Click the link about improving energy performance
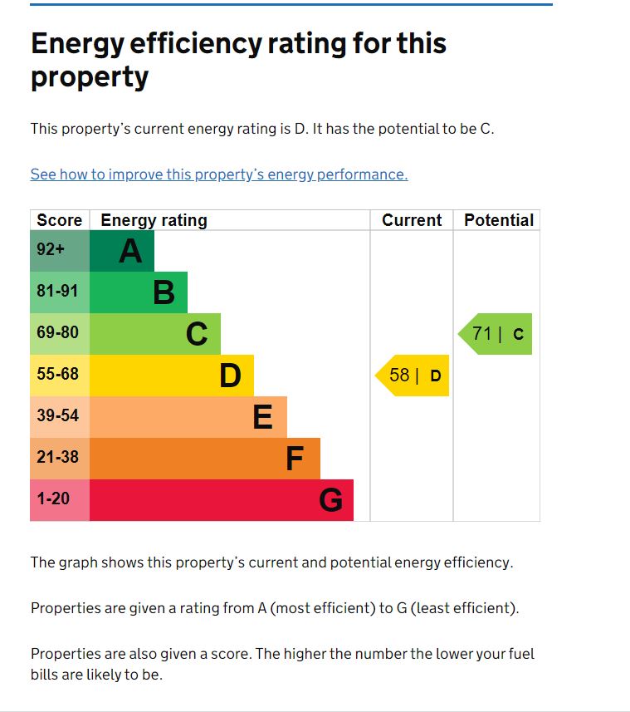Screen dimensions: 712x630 (x=219, y=174)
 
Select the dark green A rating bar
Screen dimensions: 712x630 (x=121, y=251)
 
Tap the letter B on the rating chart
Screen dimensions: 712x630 (x=164, y=292)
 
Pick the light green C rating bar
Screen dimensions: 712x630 (x=154, y=334)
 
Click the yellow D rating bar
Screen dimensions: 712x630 (x=171, y=376)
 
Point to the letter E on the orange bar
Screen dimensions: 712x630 (x=262, y=417)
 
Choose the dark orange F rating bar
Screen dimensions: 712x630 (x=204, y=459)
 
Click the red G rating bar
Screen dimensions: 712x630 (x=221, y=500)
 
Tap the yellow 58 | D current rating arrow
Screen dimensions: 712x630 (x=413, y=376)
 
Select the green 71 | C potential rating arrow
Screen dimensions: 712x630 (x=496, y=334)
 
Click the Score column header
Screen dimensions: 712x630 (x=59, y=220)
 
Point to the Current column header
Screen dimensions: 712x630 (x=412, y=220)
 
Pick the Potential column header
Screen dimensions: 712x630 (x=499, y=220)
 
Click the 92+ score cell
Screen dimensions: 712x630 (x=51, y=249)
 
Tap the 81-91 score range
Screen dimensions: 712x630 (x=57, y=292)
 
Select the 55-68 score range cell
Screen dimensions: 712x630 (x=57, y=375)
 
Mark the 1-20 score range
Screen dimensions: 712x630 (x=53, y=499)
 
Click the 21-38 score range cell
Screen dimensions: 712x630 (x=57, y=458)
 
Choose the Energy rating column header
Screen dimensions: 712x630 (x=154, y=220)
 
